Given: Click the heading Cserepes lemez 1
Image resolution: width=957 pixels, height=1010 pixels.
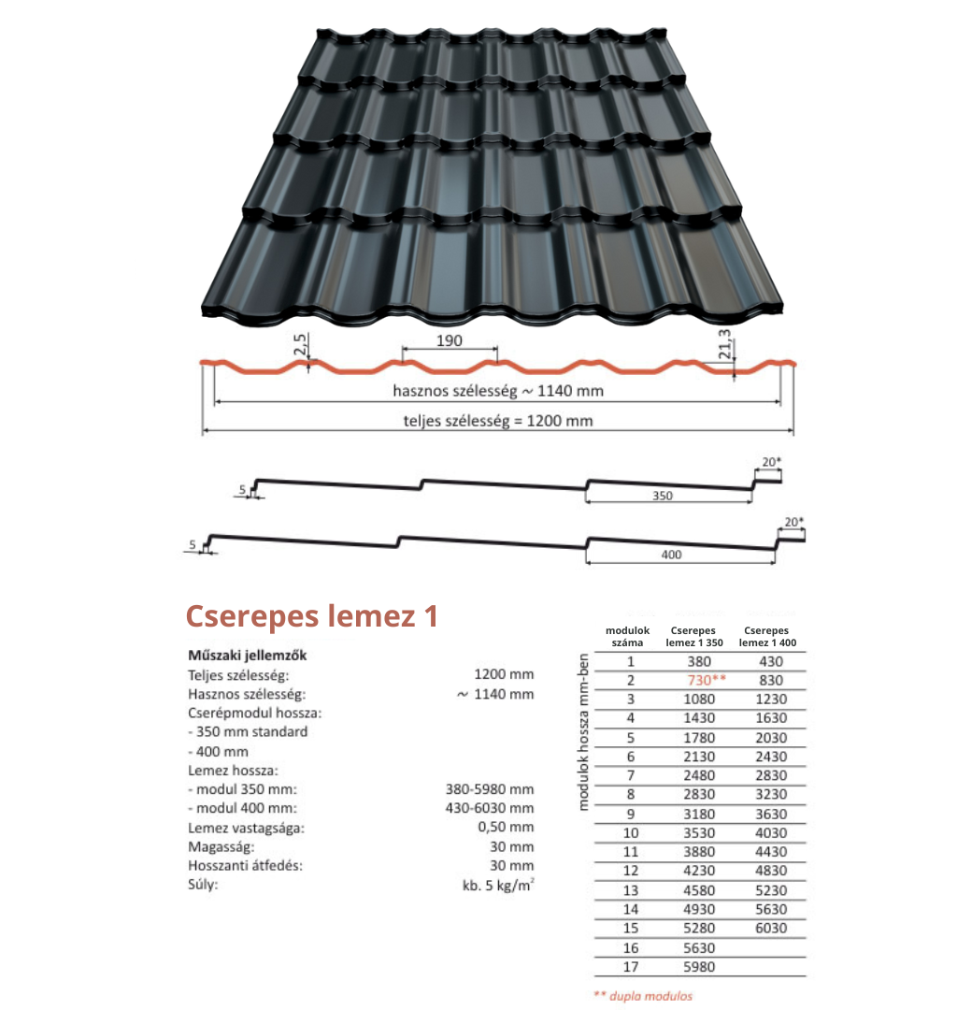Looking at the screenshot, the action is click(311, 615).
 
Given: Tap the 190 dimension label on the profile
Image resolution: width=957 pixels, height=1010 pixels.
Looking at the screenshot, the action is click(450, 340).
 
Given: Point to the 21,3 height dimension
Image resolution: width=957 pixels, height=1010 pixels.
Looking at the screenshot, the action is click(725, 344).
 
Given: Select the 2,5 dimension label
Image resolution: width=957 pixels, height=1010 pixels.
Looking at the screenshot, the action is click(301, 344).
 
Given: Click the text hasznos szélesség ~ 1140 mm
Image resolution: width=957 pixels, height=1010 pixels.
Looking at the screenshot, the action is click(498, 390).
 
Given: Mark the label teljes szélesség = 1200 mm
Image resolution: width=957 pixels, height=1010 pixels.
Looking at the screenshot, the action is click(498, 421).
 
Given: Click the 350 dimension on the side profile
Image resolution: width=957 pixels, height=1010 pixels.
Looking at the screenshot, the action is click(663, 496).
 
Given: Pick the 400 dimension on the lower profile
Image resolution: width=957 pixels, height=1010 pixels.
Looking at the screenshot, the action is click(671, 555).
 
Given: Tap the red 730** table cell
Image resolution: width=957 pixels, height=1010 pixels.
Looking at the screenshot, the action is click(706, 680).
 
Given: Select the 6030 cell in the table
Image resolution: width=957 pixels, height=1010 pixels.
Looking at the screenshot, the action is click(771, 929).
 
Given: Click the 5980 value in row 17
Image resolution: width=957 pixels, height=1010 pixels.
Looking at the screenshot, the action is click(699, 967).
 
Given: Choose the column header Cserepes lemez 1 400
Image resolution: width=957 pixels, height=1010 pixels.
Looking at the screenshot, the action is click(767, 637).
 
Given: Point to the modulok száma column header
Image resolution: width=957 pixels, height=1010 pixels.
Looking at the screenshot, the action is click(627, 637).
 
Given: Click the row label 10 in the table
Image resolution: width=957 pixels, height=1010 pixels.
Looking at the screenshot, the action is click(631, 833).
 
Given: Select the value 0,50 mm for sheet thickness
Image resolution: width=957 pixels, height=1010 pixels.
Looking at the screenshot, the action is click(506, 827).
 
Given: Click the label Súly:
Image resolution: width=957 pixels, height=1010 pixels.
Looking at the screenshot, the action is click(203, 885).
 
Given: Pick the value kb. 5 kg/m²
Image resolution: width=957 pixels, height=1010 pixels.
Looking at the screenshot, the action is click(498, 885).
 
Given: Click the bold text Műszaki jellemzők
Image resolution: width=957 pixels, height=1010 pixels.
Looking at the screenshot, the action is click(247, 655).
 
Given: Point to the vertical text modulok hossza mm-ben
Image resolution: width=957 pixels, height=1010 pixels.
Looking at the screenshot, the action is click(583, 732).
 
